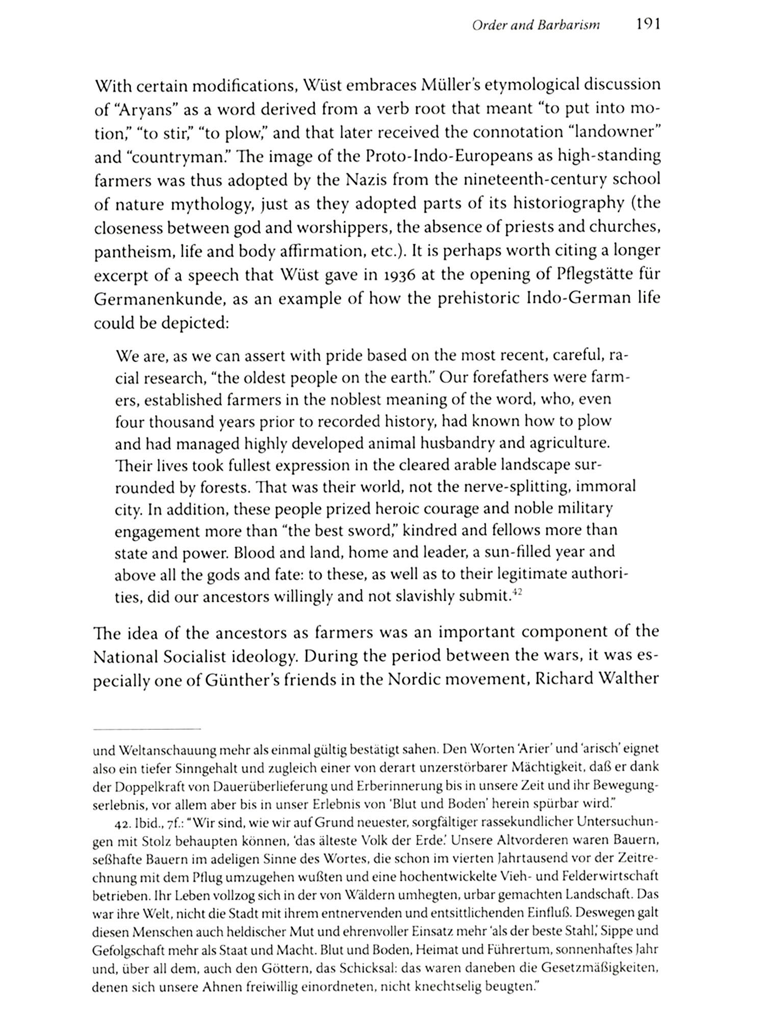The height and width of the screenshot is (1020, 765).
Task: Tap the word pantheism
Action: (129, 251)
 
